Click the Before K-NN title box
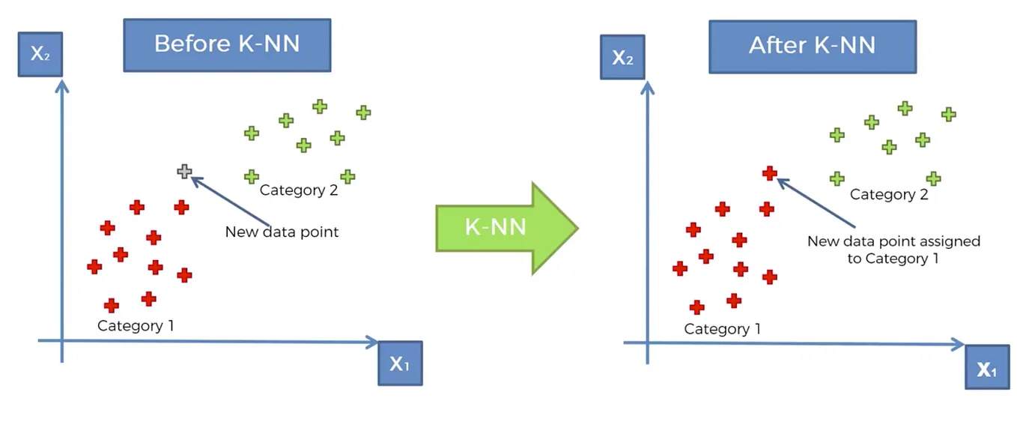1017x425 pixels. tap(227, 45)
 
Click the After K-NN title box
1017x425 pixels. tap(813, 46)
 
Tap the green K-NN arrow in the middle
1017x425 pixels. tap(507, 228)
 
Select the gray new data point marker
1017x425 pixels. tap(184, 172)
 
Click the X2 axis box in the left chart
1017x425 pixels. tap(40, 54)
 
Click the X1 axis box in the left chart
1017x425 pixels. tap(400, 364)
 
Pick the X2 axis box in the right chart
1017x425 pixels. tap(622, 57)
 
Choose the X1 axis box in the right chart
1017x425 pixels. tap(987, 367)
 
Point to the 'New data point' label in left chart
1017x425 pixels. tap(282, 232)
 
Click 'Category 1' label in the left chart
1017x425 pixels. tap(136, 325)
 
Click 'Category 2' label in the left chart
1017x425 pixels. tap(299, 190)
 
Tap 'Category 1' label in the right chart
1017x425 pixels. tap(722, 328)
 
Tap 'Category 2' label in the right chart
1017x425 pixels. tap(889, 195)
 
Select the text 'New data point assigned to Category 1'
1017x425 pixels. tap(893, 250)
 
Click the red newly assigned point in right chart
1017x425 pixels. tap(770, 172)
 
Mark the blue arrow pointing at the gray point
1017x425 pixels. tap(230, 201)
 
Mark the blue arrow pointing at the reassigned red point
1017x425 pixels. tap(816, 202)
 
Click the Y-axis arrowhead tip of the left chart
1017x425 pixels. tap(61, 80)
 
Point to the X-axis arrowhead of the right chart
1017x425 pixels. tap(958, 344)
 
